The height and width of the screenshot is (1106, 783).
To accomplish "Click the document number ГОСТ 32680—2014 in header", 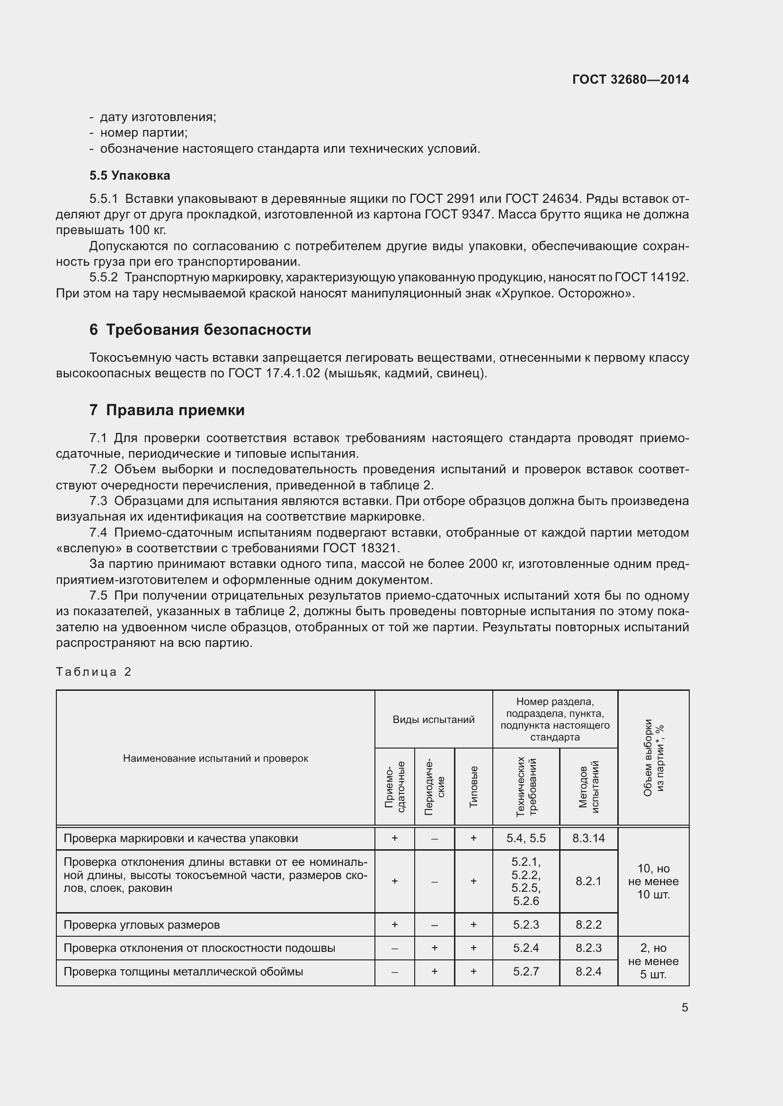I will [x=630, y=79].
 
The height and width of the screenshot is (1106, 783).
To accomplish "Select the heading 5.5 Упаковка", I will [x=129, y=175].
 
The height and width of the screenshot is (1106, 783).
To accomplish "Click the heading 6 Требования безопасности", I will [x=200, y=330].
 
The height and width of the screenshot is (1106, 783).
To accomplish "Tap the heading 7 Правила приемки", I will [x=167, y=410].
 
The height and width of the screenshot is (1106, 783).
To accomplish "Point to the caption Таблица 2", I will [x=94, y=671].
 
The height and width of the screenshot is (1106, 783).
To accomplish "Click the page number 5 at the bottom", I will [x=685, y=1008].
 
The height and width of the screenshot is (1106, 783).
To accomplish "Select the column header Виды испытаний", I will [x=433, y=719].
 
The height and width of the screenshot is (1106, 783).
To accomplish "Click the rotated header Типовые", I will [x=473, y=787].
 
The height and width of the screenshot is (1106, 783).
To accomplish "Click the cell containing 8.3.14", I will [x=588, y=838].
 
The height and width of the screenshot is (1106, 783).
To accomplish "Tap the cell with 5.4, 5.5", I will [x=525, y=838].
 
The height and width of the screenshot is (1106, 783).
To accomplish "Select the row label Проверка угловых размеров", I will [x=141, y=925].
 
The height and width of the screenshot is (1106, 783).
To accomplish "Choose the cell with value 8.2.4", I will [x=588, y=972].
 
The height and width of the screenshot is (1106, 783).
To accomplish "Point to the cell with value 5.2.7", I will [x=525, y=972].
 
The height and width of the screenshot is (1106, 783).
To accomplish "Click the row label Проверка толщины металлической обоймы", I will [x=183, y=972].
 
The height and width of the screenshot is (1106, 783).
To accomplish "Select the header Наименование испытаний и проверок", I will [x=215, y=758].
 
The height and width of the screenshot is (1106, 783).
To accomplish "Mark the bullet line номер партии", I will [x=144, y=132].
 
